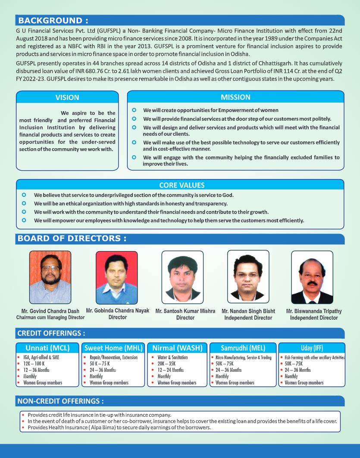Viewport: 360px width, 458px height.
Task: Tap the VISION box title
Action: [67, 97]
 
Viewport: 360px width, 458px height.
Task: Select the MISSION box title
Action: [235, 97]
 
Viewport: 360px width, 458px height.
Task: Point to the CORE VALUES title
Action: [182, 185]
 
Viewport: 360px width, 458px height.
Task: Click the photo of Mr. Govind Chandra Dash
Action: [50, 277]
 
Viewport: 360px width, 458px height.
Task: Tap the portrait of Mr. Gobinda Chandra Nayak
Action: [116, 277]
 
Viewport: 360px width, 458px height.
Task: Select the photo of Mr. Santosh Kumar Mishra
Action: [182, 277]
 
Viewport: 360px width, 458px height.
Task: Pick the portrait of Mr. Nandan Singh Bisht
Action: [248, 277]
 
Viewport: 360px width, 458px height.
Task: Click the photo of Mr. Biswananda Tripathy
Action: [312, 277]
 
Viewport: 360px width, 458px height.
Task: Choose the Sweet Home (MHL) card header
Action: [113, 348]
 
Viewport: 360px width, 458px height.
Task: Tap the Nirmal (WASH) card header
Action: [177, 348]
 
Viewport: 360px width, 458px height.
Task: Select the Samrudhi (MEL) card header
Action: [243, 348]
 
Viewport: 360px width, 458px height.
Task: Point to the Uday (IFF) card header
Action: [312, 348]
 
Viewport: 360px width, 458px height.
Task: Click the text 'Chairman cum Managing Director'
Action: [50, 318]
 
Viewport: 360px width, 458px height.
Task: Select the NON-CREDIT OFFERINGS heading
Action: [60, 401]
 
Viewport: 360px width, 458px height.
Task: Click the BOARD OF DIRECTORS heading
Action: [72, 238]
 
